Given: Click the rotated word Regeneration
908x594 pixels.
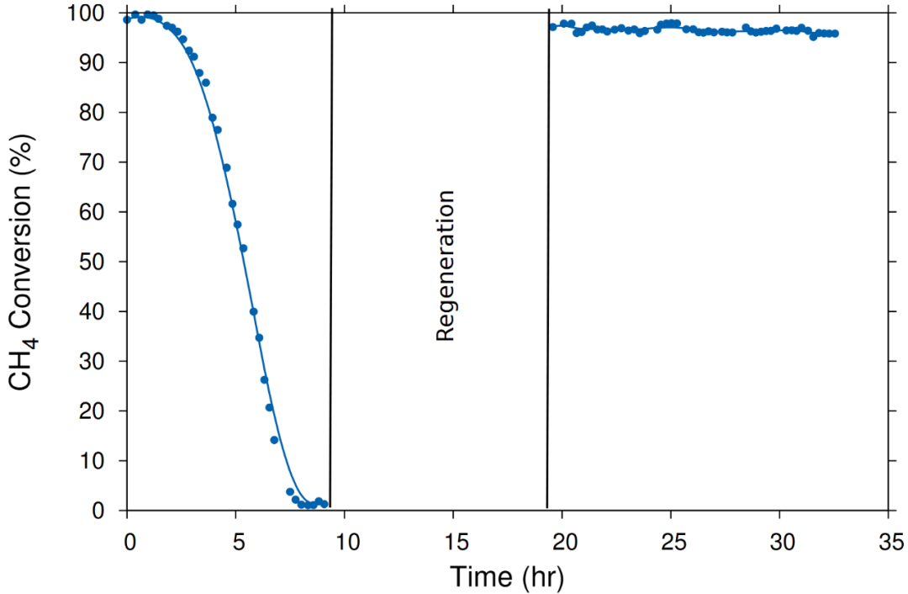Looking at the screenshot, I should (x=445, y=266).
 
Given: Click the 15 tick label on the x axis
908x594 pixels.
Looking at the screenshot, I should (x=453, y=538).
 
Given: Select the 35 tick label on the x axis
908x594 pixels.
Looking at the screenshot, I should (x=889, y=538).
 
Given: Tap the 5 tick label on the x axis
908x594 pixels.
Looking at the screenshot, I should (x=236, y=538).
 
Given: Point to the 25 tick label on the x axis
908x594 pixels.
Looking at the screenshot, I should (x=671, y=538).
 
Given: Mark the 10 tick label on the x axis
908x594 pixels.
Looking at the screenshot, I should (x=345, y=538).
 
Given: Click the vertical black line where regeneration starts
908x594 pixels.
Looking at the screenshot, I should (x=331, y=252).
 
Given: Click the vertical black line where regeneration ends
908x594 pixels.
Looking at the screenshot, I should (x=548, y=252).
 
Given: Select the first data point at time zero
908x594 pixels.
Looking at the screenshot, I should (x=127, y=19).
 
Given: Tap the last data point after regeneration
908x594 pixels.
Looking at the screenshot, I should (x=835, y=34).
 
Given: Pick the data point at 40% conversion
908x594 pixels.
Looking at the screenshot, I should (x=253, y=311).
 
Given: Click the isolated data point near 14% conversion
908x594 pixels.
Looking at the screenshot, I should (x=274, y=440).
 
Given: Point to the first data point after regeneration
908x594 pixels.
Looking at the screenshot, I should (x=552, y=27).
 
